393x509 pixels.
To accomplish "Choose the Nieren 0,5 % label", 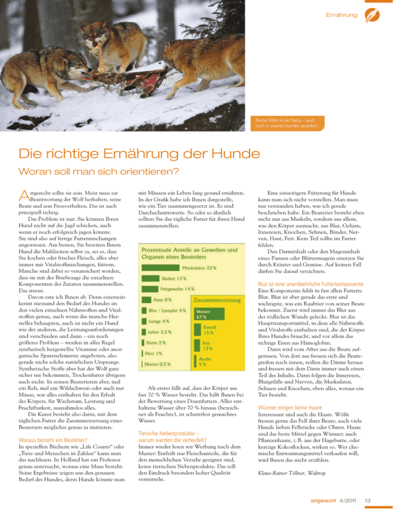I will point(157,364).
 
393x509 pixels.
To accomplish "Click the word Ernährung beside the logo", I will point(341,15).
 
